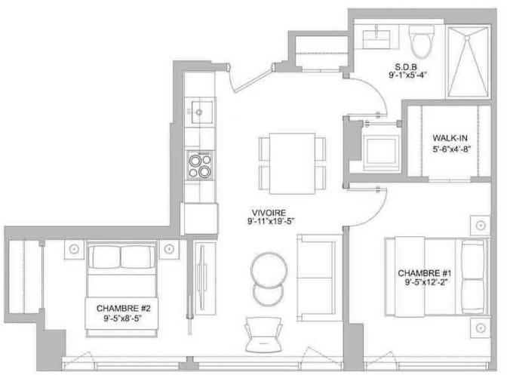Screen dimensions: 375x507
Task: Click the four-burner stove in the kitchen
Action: [200, 165]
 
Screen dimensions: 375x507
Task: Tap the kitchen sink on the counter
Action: [201, 112]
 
